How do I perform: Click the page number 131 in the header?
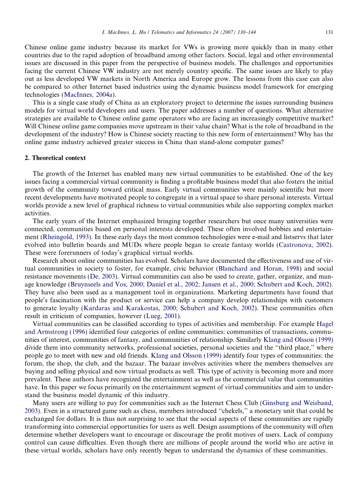[x=329, y=32]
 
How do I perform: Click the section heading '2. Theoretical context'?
[x=55, y=158]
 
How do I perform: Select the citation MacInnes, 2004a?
[x=89, y=94]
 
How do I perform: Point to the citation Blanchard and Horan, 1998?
[x=254, y=269]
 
